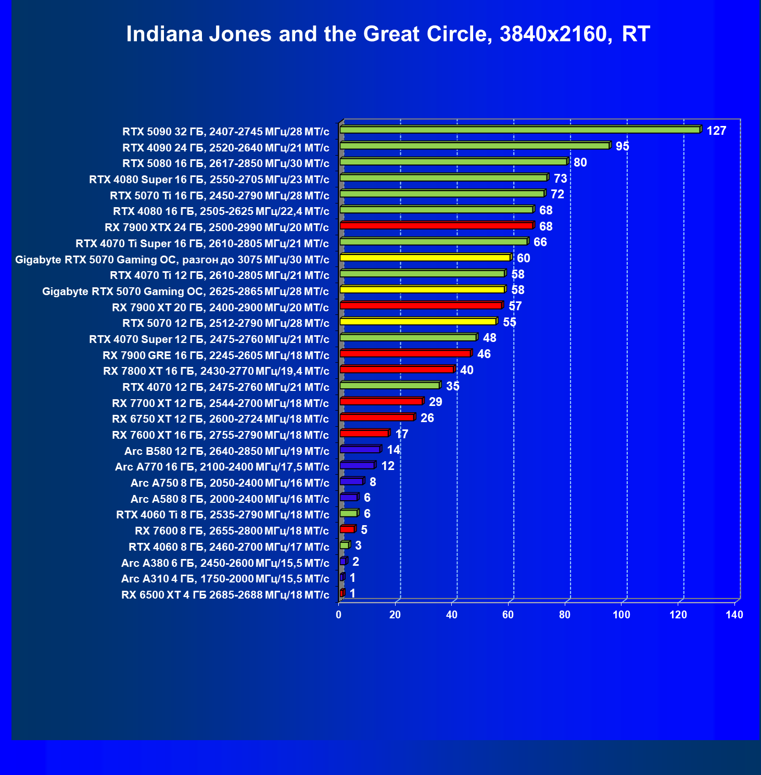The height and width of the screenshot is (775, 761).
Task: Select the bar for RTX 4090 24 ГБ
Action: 474,146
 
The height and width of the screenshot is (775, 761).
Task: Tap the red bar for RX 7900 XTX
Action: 436,225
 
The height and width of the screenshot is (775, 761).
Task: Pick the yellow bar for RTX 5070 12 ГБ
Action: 418,321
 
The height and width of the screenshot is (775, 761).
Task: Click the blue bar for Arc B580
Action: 360,449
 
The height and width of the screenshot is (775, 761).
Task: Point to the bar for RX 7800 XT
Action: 397,369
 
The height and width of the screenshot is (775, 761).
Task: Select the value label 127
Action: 716,131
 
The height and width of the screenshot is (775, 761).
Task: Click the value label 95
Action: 623,146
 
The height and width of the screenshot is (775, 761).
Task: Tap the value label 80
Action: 580,162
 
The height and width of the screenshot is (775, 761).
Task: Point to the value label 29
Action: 435,402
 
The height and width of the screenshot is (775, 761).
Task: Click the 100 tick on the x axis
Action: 621,615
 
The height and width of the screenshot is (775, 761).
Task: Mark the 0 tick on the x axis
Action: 339,615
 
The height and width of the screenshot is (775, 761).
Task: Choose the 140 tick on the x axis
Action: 734,615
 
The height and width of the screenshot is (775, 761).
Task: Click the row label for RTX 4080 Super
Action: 209,180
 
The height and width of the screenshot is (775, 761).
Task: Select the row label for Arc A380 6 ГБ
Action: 225,563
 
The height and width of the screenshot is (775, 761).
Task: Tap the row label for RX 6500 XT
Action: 225,595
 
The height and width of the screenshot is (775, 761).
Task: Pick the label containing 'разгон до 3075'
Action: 172,260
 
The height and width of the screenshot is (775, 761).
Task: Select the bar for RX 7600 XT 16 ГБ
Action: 364,433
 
